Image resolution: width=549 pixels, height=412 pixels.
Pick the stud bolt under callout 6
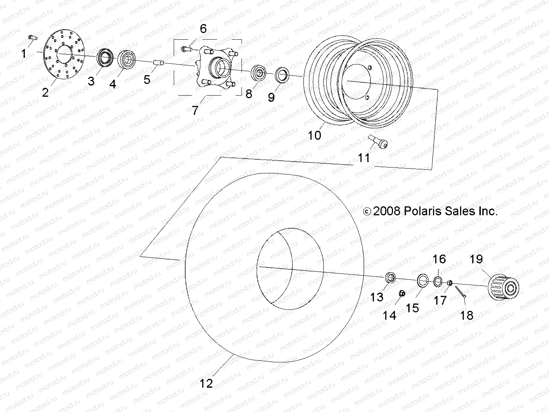(187, 48)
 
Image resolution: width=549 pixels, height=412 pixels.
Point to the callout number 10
(315, 136)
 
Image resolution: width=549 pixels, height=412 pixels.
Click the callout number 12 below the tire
(206, 383)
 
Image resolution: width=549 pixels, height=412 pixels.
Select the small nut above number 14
(402, 293)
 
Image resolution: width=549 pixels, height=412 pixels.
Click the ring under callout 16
(437, 281)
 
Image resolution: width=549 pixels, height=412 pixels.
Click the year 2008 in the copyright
(387, 211)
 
